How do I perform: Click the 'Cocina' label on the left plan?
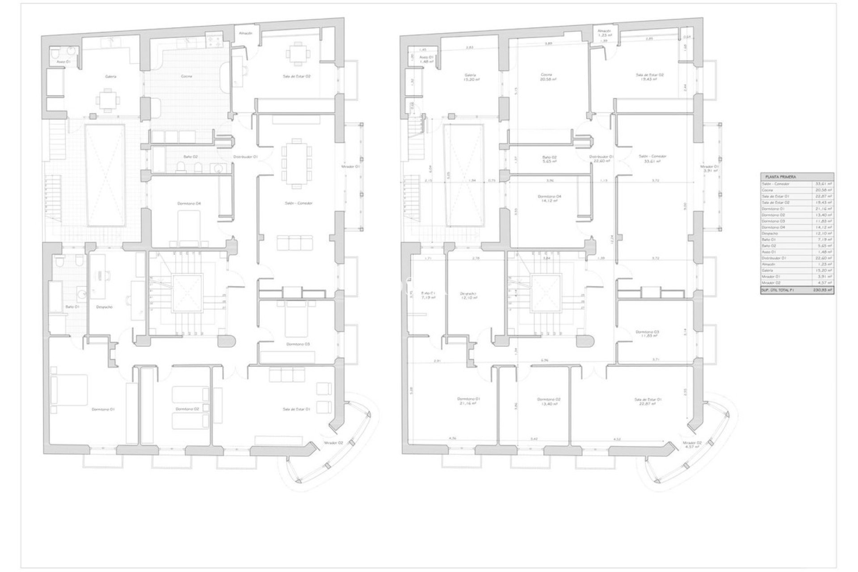pos(187,76)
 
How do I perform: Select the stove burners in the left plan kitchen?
pos(214,40)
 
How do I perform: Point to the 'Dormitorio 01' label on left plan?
pos(103,409)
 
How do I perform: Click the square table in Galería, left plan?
pos(107,100)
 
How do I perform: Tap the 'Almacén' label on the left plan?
pos(246,33)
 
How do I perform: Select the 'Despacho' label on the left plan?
pos(104,307)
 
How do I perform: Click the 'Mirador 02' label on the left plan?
pos(333,443)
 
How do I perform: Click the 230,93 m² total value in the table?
pos(822,290)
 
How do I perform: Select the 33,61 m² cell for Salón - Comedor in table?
pos(822,184)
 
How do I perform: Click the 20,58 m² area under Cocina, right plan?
pos(549,80)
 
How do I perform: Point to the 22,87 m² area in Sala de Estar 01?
pos(647,404)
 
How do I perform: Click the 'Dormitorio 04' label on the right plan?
pos(549,197)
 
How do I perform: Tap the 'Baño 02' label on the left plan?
pos(190,157)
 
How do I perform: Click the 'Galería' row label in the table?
pos(768,271)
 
